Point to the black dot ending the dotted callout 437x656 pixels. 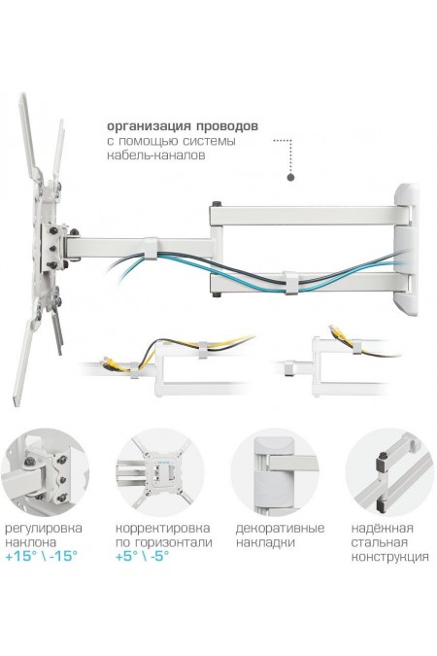(x=289, y=177)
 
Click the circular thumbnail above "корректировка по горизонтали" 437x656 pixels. (x=157, y=471)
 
